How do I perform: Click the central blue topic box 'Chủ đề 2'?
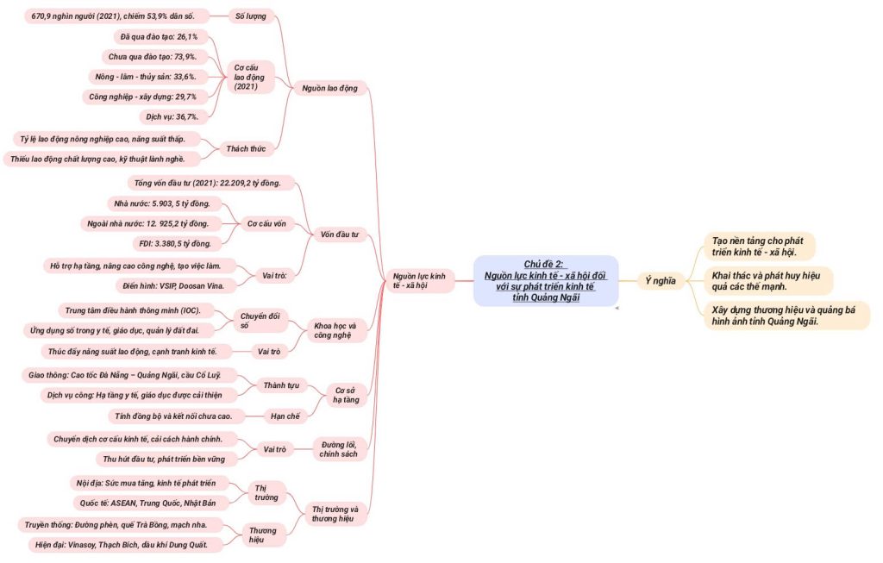pos(545,280)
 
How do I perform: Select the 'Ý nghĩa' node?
pos(661,280)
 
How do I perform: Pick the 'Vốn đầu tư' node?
pos(339,234)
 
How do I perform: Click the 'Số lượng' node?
pos(251,16)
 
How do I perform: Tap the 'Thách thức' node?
pos(246,149)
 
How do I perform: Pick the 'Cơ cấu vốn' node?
pos(266,224)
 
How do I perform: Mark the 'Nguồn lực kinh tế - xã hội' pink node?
pos(419,280)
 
